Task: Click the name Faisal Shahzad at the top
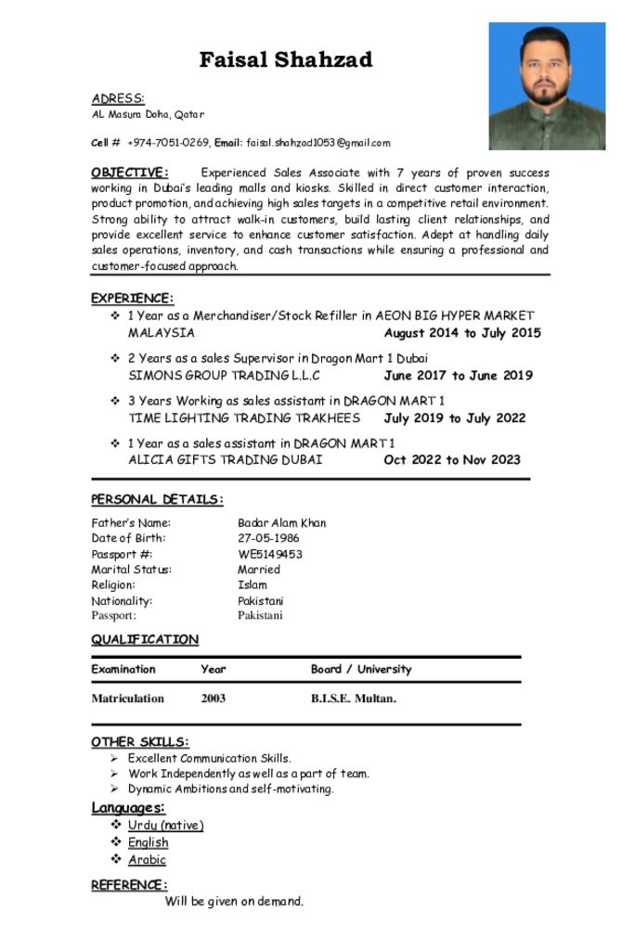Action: pyautogui.click(x=286, y=60)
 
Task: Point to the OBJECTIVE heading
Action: pyautogui.click(x=130, y=173)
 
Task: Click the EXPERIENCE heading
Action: pyautogui.click(x=132, y=298)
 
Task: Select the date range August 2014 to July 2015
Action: pyautogui.click(x=461, y=333)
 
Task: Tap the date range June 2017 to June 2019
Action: pyautogui.click(x=458, y=376)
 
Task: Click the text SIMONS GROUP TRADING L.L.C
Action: pyautogui.click(x=224, y=376)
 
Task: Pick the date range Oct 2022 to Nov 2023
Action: pyautogui.click(x=451, y=460)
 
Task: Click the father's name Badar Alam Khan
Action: pyautogui.click(x=281, y=523)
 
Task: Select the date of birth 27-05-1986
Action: pyautogui.click(x=268, y=538)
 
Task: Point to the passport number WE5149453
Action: pyautogui.click(x=269, y=554)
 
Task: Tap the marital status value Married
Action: pyautogui.click(x=258, y=570)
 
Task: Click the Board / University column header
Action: pyautogui.click(x=360, y=669)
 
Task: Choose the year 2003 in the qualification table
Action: pyautogui.click(x=213, y=699)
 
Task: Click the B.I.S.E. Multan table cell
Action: pyautogui.click(x=353, y=699)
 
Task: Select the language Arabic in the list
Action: pyautogui.click(x=147, y=860)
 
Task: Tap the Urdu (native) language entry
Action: pyautogui.click(x=165, y=826)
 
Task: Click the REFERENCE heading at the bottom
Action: pyautogui.click(x=129, y=885)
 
